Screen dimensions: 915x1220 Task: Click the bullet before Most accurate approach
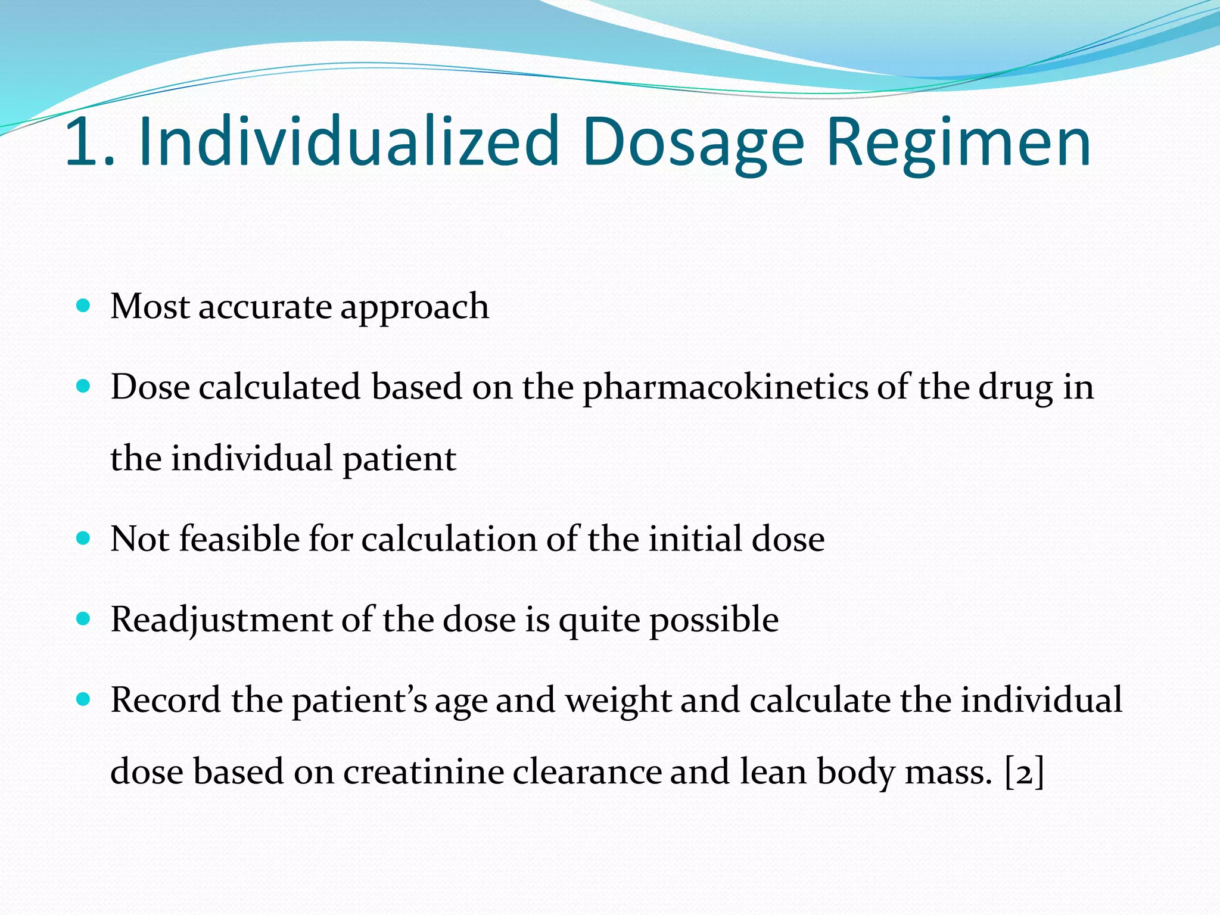pos(83,307)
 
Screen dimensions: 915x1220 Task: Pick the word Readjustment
pos(221,620)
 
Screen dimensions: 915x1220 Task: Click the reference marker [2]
pos(1024,773)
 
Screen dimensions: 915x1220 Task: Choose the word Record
pos(166,700)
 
